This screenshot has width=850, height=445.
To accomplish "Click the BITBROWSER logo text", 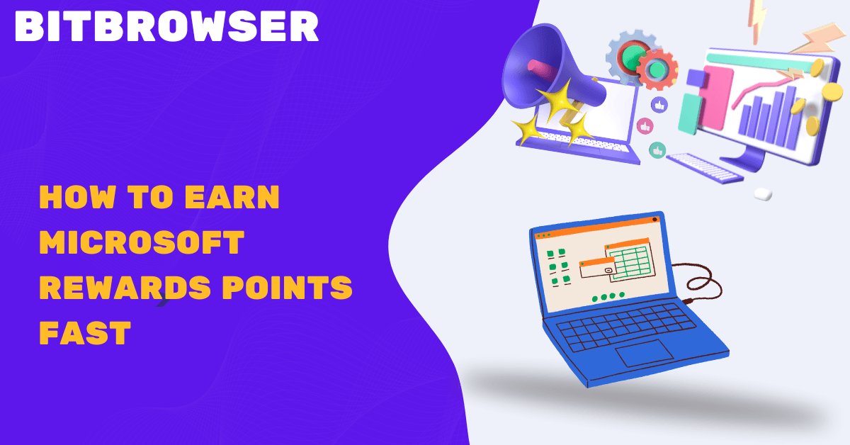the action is pos(166,26).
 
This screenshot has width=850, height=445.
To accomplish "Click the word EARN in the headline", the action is pos(232,197).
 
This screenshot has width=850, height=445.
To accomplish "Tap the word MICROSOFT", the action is pos(142,242).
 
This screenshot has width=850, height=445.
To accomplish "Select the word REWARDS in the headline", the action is pos(125,287).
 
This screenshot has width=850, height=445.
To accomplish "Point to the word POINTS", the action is pos(288,287).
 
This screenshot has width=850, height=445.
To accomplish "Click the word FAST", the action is pos(85,332).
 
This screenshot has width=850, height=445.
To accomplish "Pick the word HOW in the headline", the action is pos(77,197).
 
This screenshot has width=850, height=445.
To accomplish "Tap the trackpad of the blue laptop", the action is pos(645,353).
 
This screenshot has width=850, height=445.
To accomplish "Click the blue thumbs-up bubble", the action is pos(659,105).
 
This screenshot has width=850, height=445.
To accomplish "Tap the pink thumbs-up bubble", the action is pos(645,126).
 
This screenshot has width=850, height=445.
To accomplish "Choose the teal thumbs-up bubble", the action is pos(657,150).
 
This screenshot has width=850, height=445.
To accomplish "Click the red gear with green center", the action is pos(657,69).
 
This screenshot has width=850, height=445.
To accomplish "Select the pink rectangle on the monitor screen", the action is pos(717,98).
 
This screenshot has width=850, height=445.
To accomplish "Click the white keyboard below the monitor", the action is pos(704,168).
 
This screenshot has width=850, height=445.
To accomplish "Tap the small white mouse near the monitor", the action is pos(763,194).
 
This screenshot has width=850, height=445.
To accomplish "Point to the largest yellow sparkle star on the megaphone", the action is pos(559,99).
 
